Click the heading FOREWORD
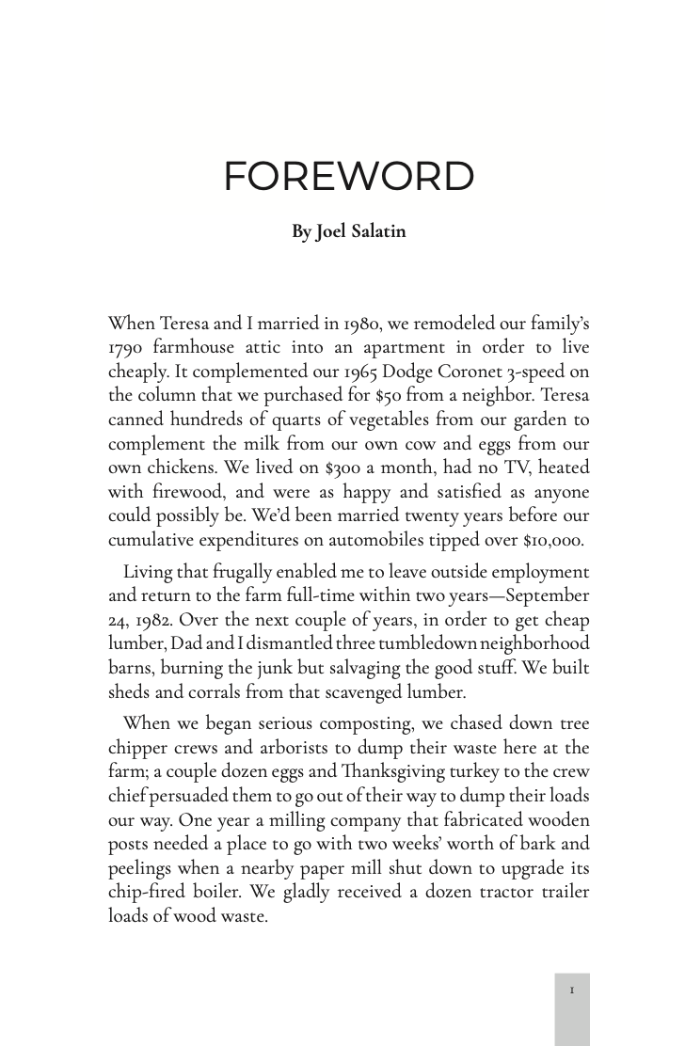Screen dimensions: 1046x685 pos(348,177)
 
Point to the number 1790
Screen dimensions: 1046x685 pos(125,348)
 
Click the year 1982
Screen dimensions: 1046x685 pos(153,620)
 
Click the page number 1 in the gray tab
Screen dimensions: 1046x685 pos(572,991)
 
